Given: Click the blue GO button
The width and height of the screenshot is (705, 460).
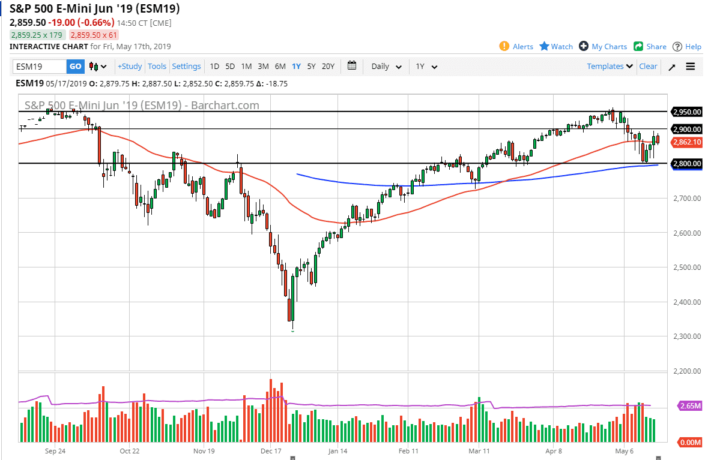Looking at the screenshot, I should point(75,67).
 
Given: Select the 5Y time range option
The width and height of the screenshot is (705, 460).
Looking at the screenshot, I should point(311,67).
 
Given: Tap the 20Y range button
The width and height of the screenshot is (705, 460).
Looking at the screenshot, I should point(328,67).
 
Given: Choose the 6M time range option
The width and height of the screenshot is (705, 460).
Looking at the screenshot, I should point(280,67).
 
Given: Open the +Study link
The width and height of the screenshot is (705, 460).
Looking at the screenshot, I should point(129,67).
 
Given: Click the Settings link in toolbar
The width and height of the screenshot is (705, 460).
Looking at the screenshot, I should point(186,67).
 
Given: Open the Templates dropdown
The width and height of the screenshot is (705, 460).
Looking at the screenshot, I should point(610,67).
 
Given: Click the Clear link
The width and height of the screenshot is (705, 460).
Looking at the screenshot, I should point(648,67).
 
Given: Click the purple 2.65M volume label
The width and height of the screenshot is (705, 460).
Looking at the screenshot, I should point(689,406).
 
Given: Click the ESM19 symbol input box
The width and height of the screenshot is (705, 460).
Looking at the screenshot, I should point(40,67).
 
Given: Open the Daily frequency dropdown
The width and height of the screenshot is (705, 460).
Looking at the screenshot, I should point(386,67).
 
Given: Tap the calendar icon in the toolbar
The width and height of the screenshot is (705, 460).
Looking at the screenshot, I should point(352,66).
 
